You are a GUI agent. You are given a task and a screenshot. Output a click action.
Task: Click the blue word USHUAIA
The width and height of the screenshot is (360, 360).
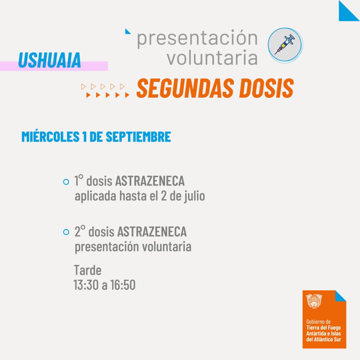point(49,60)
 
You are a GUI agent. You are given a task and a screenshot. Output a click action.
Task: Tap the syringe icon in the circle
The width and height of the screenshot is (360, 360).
point(285,44)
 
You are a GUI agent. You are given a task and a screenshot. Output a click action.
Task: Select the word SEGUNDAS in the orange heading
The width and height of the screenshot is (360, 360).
point(185,88)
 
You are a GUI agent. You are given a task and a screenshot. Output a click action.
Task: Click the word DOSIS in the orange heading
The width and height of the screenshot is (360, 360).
point(267,88)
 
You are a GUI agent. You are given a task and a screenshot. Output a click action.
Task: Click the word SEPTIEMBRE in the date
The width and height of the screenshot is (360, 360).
point(138,137)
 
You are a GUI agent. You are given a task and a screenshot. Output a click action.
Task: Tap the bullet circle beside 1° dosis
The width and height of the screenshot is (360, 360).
point(66,182)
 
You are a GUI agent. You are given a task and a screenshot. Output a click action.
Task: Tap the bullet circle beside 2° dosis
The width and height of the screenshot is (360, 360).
point(66,232)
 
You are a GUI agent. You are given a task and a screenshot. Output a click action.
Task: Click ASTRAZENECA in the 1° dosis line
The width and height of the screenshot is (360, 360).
point(150,181)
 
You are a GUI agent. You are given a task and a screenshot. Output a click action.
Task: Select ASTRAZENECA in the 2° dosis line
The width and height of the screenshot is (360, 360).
point(152,231)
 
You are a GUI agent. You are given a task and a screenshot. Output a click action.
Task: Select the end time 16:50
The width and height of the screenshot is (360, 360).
point(123,285)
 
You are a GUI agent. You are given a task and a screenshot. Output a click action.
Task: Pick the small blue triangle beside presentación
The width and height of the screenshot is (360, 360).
point(128,31)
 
